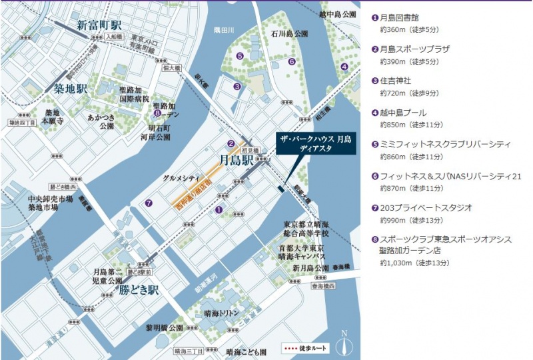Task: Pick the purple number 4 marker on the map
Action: (x=344, y=66)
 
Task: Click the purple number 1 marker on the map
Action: (x=219, y=209)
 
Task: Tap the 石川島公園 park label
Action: (x=290, y=33)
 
